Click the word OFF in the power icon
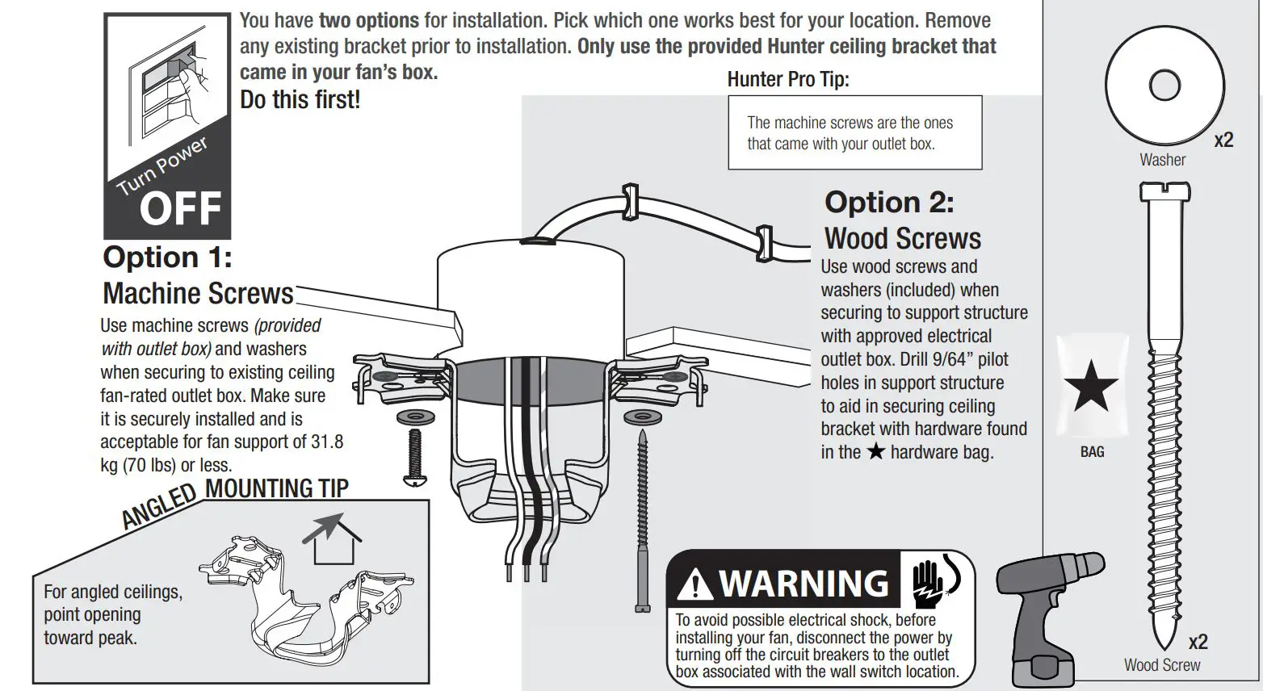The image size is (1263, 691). click(x=180, y=209)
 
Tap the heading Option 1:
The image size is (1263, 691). click(x=167, y=258)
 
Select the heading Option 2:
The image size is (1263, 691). click(x=889, y=202)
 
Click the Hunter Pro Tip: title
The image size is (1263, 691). click(x=788, y=79)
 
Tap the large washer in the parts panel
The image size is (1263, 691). click(x=1164, y=85)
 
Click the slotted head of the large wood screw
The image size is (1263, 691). click(x=1164, y=192)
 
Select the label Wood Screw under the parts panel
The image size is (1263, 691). click(x=1161, y=665)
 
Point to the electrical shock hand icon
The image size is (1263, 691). click(x=935, y=580)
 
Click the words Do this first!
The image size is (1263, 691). click(x=300, y=100)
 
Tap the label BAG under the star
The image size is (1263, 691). click(x=1092, y=452)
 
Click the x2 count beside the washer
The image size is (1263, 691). click(x=1223, y=140)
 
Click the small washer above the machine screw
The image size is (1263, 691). click(x=416, y=418)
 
